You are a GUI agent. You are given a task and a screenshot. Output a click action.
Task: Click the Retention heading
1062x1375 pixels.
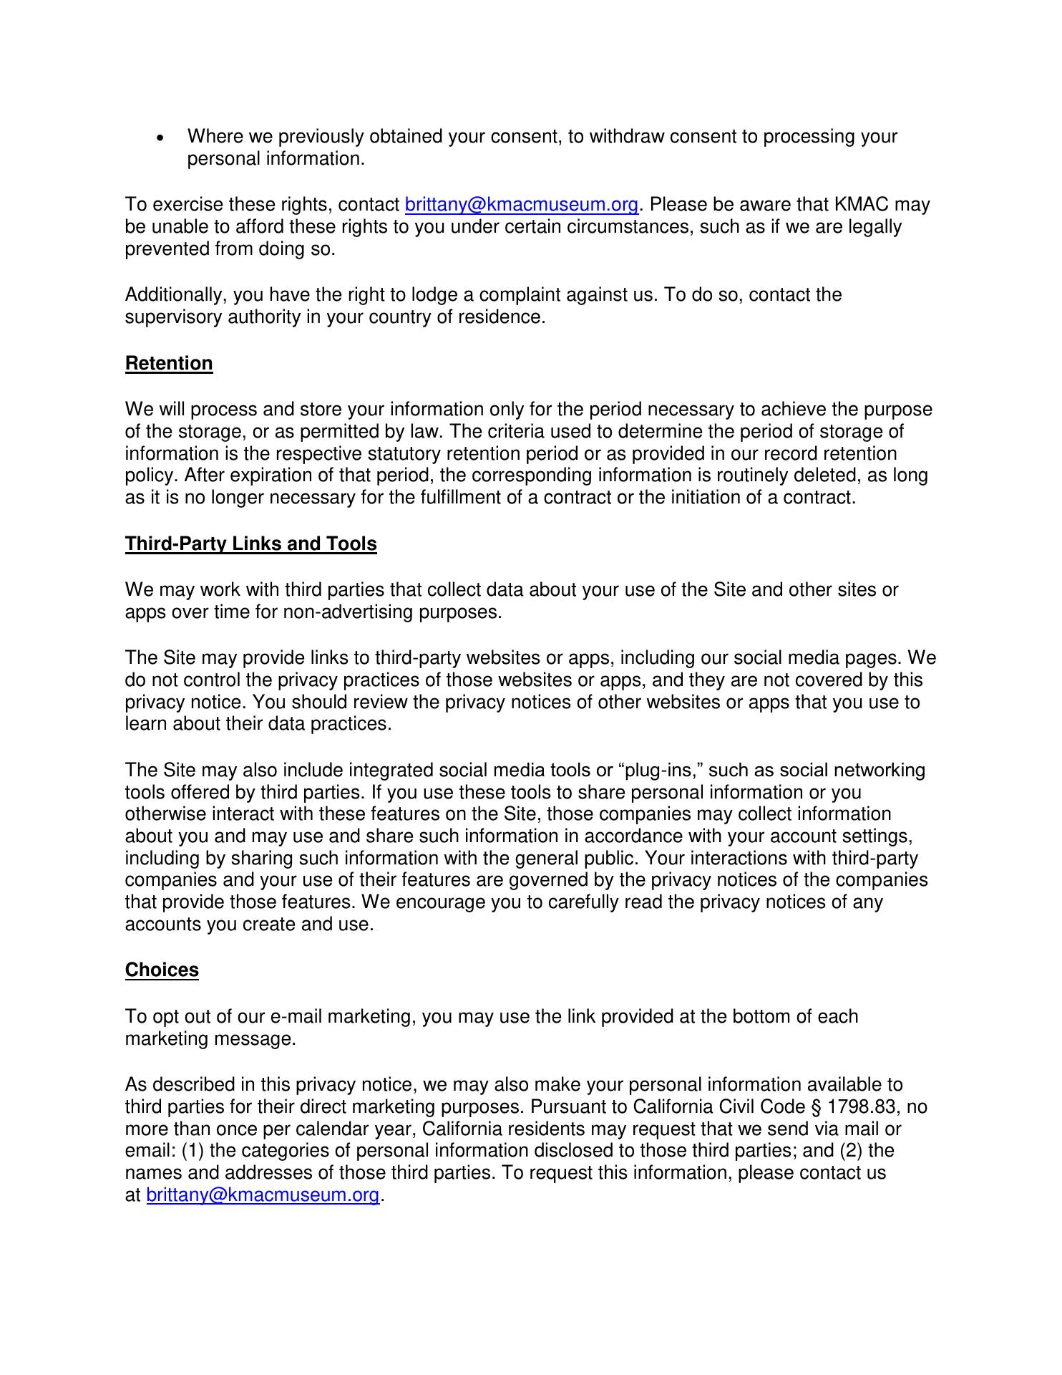coord(169,364)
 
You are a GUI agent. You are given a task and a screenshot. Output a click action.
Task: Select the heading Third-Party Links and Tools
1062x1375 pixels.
coord(250,544)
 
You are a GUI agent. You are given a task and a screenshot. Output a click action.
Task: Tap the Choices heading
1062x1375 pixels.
coord(162,970)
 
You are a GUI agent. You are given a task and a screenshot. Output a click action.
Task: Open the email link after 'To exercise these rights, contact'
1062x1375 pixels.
coord(521,205)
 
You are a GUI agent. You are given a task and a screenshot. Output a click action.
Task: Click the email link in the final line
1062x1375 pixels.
coord(263,1195)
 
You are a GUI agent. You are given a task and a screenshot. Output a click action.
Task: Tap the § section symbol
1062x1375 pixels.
coord(817,1107)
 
